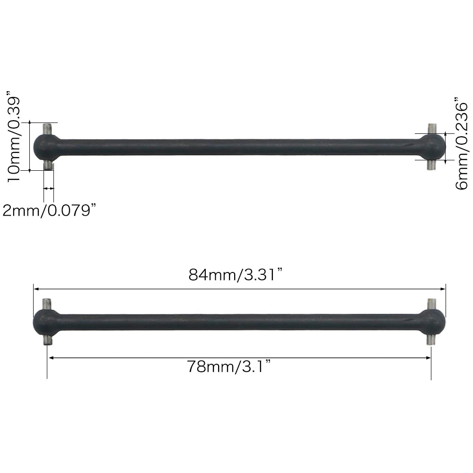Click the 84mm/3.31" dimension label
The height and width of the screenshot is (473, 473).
click(236, 275)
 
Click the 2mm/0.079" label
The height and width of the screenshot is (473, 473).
click(50, 210)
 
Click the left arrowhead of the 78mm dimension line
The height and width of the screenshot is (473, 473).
click(51, 358)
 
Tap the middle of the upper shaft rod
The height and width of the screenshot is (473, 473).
click(239, 147)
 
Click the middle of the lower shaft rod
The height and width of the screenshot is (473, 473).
click(239, 322)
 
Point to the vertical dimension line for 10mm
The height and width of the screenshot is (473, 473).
click(30, 146)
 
